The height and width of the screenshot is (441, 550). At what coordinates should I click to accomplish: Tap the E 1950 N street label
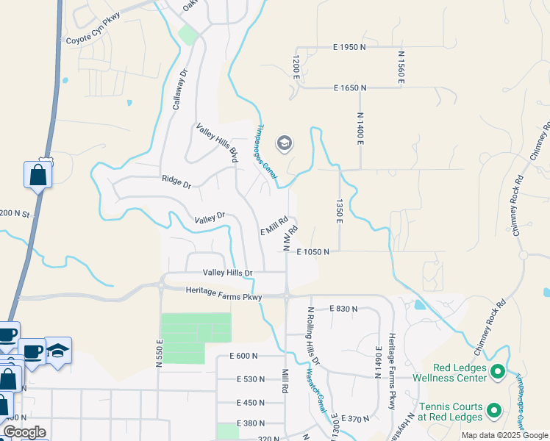349,47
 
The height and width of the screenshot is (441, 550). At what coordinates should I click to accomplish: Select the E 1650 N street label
349,88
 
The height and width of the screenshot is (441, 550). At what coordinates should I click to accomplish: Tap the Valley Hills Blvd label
218,143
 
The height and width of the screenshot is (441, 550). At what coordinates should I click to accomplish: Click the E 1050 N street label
312,252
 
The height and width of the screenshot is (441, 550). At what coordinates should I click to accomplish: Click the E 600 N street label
243,356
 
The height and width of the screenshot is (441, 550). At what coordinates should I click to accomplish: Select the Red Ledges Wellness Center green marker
497,371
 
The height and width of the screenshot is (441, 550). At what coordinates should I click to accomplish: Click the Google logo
25,432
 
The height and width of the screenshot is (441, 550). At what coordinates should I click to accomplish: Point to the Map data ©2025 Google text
504,435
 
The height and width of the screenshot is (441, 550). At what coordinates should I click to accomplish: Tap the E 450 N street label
251,403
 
